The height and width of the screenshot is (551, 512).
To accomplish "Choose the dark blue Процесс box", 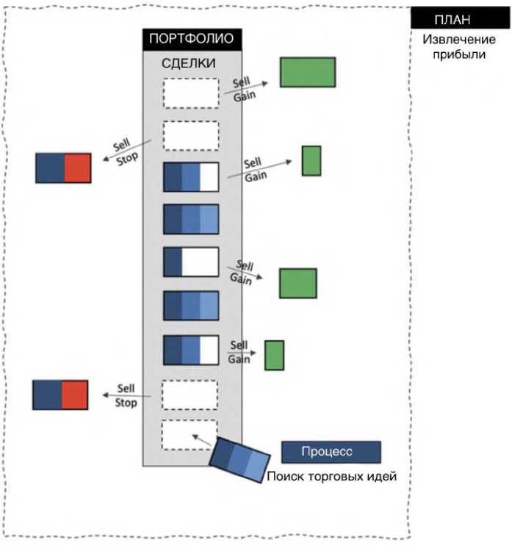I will click(331, 452).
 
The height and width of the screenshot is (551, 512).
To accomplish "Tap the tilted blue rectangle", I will click(240, 459).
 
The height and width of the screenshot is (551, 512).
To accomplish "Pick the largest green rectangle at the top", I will click(308, 72).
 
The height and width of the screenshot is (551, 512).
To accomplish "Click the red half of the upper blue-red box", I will click(77, 168).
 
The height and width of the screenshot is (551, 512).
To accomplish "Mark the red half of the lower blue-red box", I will click(74, 395).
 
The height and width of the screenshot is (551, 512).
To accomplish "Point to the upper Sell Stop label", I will click(126, 151).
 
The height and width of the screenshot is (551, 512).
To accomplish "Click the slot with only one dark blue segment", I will click(190, 262).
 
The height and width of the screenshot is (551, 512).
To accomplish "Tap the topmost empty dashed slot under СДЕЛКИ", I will click(190, 93).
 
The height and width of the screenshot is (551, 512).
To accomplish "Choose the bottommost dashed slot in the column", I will click(190, 435).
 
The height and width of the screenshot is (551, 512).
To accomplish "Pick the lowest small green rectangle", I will click(274, 355).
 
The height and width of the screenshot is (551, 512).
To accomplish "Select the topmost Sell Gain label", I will click(245, 89).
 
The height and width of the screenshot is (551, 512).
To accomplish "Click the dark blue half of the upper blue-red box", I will click(50, 168).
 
